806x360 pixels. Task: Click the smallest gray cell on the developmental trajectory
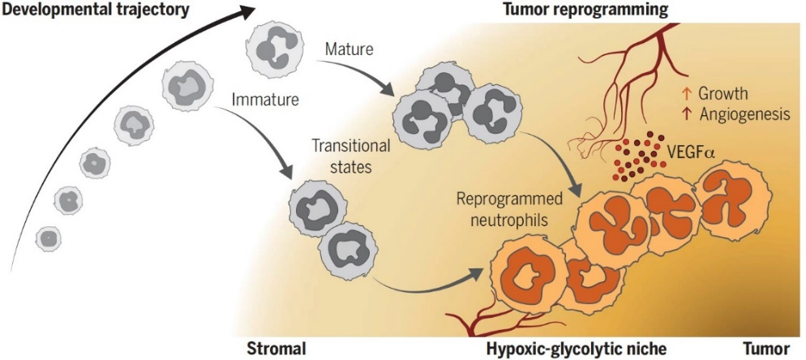pyautogui.click(x=49, y=238)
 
